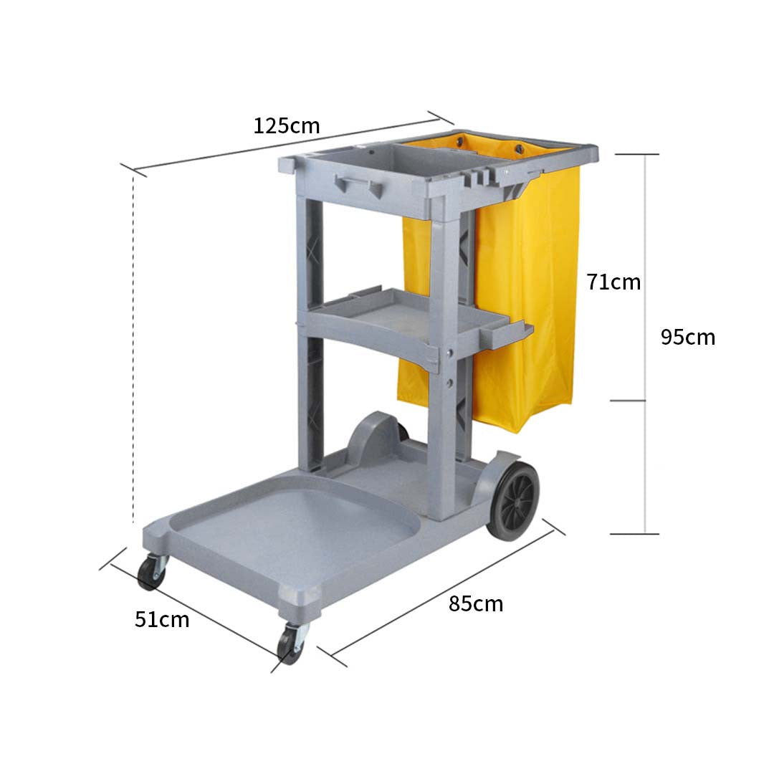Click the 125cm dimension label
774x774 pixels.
click(x=287, y=126)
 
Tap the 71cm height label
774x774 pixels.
click(x=613, y=282)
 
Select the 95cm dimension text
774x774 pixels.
click(x=687, y=337)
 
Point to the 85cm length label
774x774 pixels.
click(x=476, y=604)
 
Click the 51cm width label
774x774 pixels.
click(x=162, y=619)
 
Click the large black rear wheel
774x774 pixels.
click(x=513, y=500)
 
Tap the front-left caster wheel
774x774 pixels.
click(x=151, y=571)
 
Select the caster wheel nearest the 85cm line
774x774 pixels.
click(x=291, y=643)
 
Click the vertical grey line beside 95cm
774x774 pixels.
click(x=646, y=344)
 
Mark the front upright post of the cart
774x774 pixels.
click(x=442, y=358)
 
